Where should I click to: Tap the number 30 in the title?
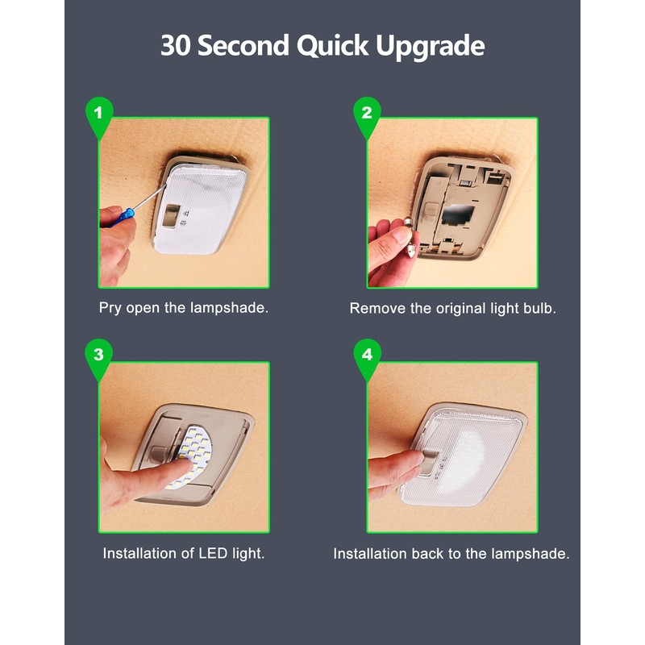click(x=176, y=45)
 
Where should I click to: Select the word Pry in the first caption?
click(x=110, y=308)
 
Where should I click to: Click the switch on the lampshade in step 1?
click(x=171, y=215)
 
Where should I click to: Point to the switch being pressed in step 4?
click(x=429, y=461)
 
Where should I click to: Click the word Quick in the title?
click(x=332, y=46)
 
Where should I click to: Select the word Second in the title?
click(x=243, y=45)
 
